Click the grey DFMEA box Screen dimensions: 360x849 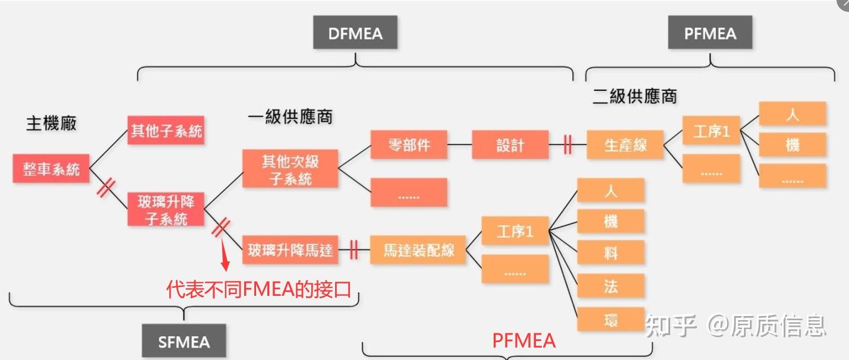click(355, 33)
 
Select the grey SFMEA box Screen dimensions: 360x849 click(184, 341)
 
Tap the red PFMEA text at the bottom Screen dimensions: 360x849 click(523, 340)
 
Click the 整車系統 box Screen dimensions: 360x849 click(51, 169)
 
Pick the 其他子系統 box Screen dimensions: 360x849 click(166, 131)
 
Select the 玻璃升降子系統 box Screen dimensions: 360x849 click(166, 210)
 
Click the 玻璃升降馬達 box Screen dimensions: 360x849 click(290, 250)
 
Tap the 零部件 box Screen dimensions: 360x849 click(409, 145)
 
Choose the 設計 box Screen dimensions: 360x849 click(510, 145)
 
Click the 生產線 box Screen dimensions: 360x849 click(624, 145)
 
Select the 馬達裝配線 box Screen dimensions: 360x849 click(418, 250)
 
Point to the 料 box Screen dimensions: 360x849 click(611, 253)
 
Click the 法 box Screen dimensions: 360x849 click(611, 286)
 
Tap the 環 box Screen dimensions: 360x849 click(611, 320)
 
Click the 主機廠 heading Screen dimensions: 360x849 click(51, 124)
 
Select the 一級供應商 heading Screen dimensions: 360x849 click(290, 117)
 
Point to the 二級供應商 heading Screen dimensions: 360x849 click(635, 96)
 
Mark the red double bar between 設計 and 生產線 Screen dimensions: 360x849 click(567, 145)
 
